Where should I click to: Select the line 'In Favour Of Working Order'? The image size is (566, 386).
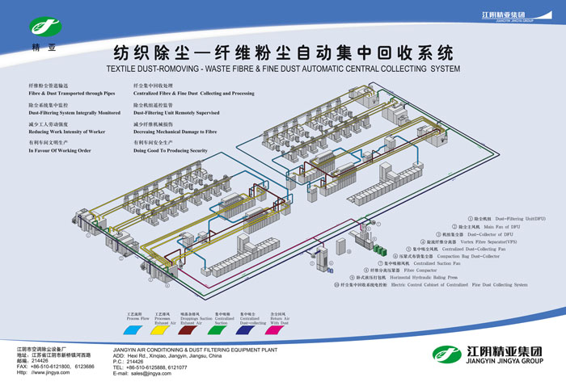[60, 150]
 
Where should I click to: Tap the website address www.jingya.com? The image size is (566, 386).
[49, 372]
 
